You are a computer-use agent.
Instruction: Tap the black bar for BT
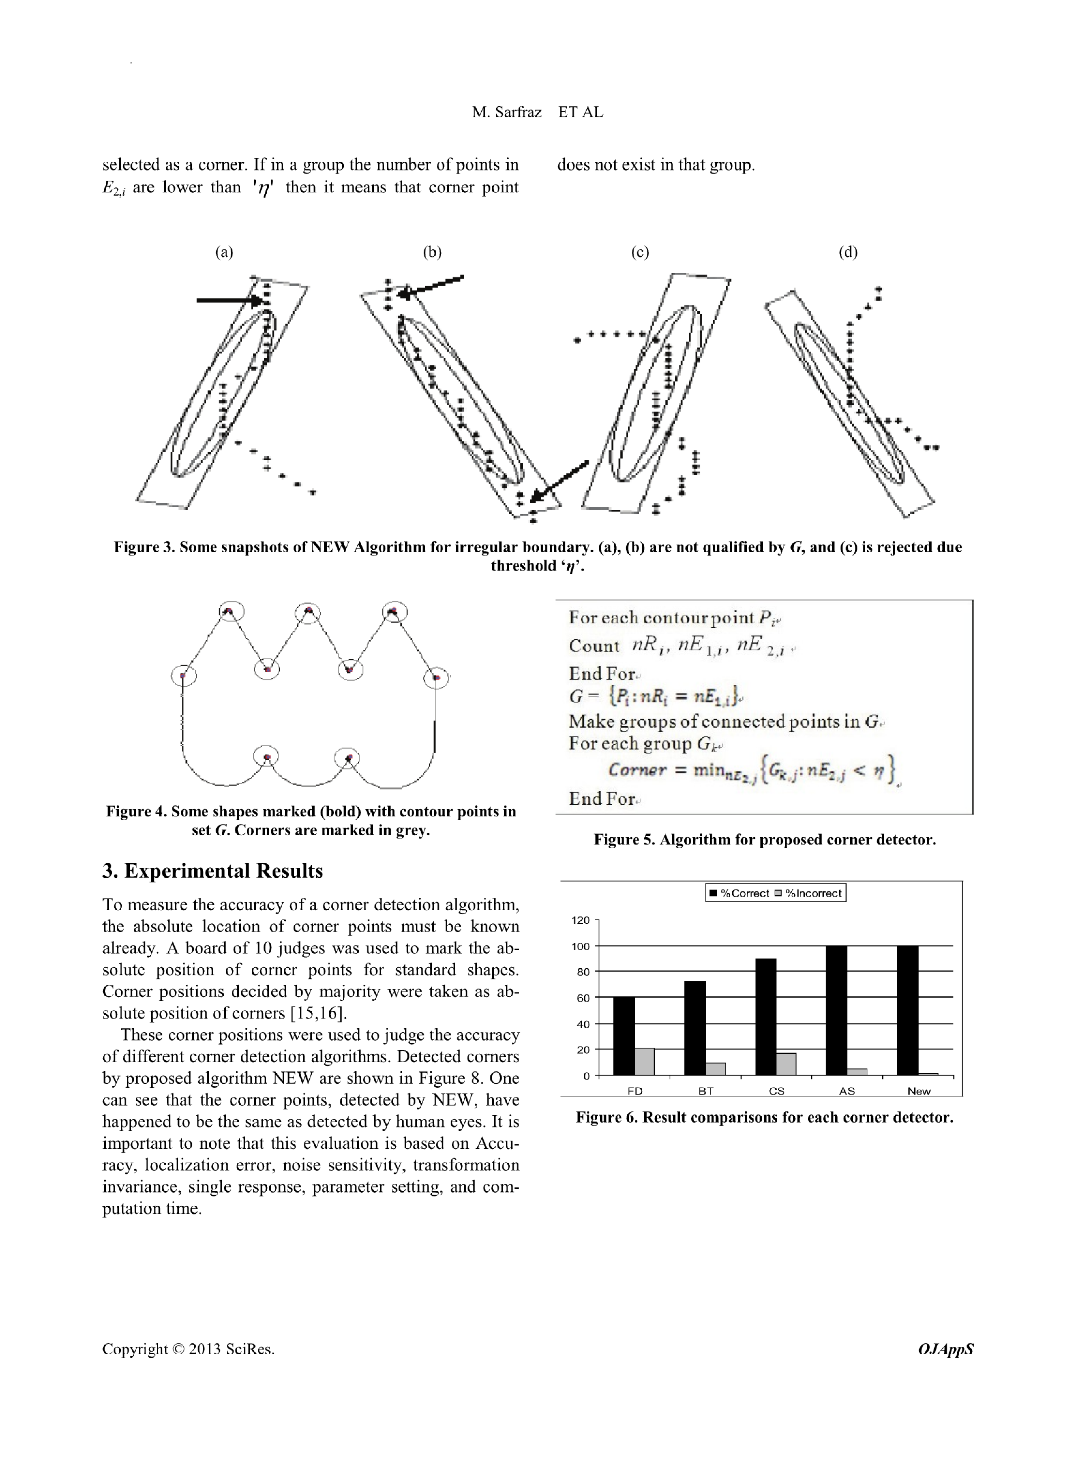tap(694, 1027)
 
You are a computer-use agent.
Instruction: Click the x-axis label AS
tap(846, 1091)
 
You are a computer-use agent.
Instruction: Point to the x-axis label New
tap(919, 1091)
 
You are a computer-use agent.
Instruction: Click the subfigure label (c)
tap(640, 252)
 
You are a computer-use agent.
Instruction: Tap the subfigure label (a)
tap(224, 252)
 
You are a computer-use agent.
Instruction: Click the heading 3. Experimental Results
tap(212, 871)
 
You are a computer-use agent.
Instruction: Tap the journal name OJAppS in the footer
tap(945, 1349)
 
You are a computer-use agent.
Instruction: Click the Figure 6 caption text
tap(764, 1117)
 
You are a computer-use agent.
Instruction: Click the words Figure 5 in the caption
tap(623, 839)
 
